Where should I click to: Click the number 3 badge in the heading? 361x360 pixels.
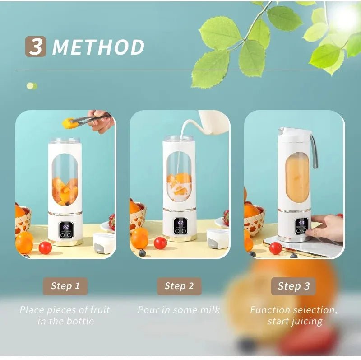click(x=35, y=47)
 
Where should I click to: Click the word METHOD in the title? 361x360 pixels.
click(x=98, y=47)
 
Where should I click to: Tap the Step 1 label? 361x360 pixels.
click(x=65, y=286)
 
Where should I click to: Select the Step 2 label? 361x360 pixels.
click(x=179, y=286)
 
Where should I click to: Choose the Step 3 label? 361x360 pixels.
click(x=293, y=286)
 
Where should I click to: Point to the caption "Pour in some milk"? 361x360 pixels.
click(x=179, y=310)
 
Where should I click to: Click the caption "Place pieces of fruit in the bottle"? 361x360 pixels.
click(x=65, y=315)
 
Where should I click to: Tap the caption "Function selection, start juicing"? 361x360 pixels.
click(x=294, y=315)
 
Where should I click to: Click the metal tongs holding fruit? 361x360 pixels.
click(x=90, y=119)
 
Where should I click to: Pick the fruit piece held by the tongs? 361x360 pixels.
click(x=69, y=122)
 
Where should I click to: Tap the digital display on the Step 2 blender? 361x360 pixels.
click(x=180, y=224)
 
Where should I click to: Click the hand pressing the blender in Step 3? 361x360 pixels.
click(x=329, y=227)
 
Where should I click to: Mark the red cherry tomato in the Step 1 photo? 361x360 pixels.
click(x=45, y=248)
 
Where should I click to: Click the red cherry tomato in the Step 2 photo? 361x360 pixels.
click(x=160, y=243)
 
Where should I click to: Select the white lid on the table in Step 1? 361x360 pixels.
click(x=103, y=242)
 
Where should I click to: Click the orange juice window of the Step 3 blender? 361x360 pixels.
click(x=297, y=177)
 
